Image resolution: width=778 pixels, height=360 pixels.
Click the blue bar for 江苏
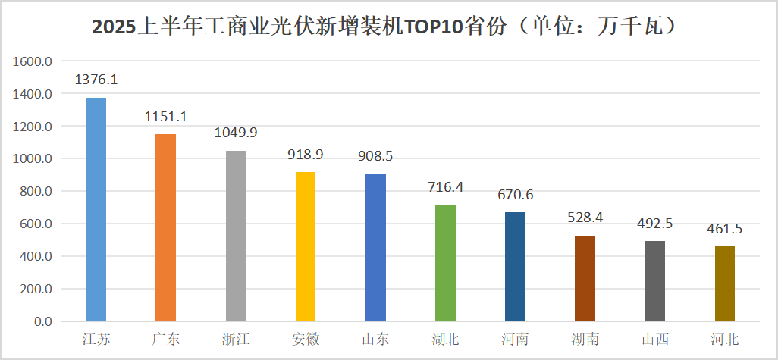96,209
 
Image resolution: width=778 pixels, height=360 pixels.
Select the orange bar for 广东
165,227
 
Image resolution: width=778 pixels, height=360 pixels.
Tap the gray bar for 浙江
235,236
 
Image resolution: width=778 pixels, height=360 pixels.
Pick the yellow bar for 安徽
305,246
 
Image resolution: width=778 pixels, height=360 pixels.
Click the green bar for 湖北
445,263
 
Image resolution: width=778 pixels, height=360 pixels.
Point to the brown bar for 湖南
585,278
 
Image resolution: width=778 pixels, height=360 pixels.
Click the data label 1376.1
96,80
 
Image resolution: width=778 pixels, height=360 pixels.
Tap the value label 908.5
375,156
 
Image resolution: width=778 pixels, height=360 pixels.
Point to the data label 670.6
516,195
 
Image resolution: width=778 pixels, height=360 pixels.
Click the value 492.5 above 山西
655,224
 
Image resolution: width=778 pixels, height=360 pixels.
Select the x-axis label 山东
375,340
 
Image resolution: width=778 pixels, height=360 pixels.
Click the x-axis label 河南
516,340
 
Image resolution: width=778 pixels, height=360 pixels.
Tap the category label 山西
655,340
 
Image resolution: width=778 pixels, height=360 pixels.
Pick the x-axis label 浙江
235,340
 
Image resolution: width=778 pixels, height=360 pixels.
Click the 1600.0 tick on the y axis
32,61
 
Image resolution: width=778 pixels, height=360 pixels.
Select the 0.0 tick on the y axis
42,321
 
